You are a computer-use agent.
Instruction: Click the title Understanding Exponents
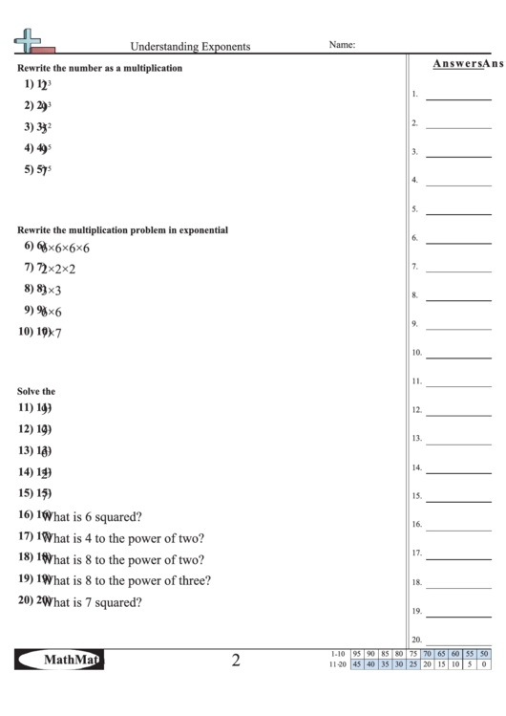(x=190, y=45)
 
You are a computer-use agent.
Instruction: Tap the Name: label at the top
(x=342, y=44)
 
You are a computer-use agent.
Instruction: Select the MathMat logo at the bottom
(x=59, y=659)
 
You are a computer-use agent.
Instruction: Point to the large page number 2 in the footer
(x=236, y=660)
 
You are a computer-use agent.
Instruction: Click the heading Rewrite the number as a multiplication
(x=100, y=68)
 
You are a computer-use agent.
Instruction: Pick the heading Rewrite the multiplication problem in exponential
(x=123, y=229)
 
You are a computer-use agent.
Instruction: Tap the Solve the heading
(x=36, y=391)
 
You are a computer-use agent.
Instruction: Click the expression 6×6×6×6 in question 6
(x=65, y=249)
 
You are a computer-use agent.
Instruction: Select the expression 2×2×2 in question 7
(x=57, y=270)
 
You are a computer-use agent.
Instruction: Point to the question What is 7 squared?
(x=93, y=602)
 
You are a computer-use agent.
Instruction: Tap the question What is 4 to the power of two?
(x=123, y=538)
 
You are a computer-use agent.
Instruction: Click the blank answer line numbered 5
(x=458, y=212)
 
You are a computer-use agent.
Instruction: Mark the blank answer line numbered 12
(x=458, y=414)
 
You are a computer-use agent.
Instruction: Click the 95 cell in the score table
(x=357, y=653)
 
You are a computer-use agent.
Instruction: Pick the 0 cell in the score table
(x=484, y=664)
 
